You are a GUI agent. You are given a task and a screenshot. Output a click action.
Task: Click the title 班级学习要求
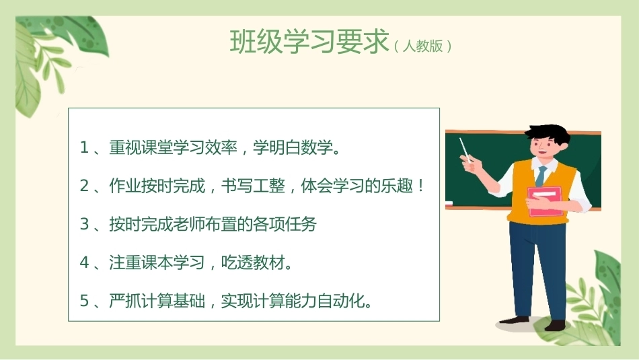tap(309, 42)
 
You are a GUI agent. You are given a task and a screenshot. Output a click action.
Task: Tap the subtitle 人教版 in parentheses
tap(422, 46)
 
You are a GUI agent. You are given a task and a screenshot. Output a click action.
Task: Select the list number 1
tap(84, 147)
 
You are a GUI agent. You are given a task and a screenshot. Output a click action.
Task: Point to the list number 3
tap(84, 224)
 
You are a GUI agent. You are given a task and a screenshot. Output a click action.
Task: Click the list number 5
tap(84, 301)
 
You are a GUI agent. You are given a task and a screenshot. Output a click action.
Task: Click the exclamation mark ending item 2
tap(421, 186)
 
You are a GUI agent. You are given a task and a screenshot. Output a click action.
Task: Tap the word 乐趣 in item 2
tap(397, 186)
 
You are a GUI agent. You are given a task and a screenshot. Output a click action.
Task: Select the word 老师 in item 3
tap(189, 224)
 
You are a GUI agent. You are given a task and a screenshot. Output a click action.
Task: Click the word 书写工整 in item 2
tap(253, 186)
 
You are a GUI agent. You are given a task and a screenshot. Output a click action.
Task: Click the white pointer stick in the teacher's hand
tap(465, 150)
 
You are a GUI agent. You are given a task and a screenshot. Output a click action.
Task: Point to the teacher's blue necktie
tap(541, 176)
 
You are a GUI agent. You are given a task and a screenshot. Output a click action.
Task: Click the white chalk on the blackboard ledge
tap(449, 203)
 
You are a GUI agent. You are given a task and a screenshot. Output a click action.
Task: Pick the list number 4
tap(84, 262)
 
